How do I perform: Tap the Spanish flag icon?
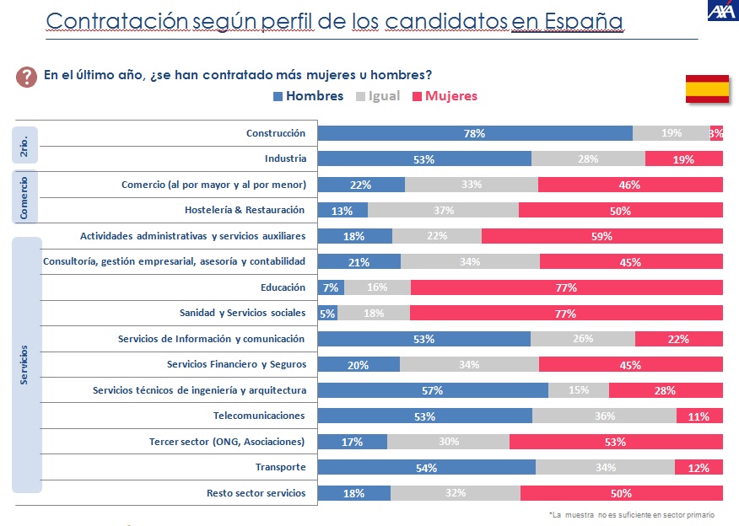[x=706, y=89]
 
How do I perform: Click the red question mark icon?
[x=25, y=77]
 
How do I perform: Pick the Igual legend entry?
[x=379, y=96]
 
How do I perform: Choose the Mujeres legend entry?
[x=445, y=96]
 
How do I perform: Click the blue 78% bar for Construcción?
[x=474, y=133]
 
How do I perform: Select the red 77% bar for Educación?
[x=566, y=287]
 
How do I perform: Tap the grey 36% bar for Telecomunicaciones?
[x=604, y=416]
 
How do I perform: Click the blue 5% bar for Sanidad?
[x=327, y=314]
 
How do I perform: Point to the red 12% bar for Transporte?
[x=699, y=468]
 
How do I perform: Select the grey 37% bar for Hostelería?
[x=443, y=211]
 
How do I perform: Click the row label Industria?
[x=285, y=158]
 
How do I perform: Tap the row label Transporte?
[x=280, y=467]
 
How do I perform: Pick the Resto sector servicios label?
[x=256, y=492]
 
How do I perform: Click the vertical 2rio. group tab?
[x=24, y=145]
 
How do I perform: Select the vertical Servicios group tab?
[x=24, y=364]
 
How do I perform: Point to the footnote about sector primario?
[x=631, y=514]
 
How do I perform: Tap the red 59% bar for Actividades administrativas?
[x=601, y=236]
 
